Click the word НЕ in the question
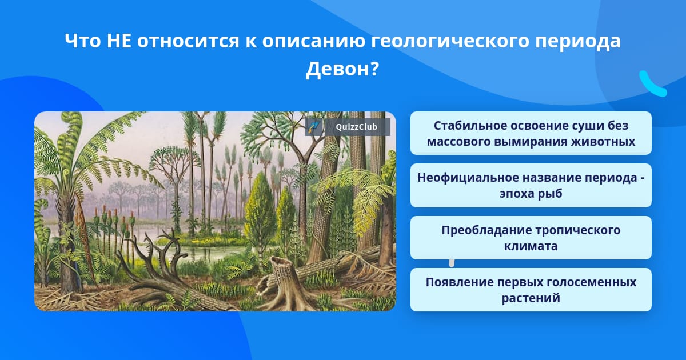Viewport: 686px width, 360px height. (x=119, y=41)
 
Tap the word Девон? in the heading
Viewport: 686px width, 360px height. (x=342, y=69)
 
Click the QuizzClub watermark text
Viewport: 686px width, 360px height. (x=356, y=127)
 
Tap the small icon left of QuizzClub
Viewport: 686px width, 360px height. (x=314, y=127)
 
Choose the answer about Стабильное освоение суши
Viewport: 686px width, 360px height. (x=531, y=133)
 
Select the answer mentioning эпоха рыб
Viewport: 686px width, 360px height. (x=531, y=185)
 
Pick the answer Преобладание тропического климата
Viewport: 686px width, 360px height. (x=531, y=238)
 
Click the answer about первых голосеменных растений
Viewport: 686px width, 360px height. (x=531, y=290)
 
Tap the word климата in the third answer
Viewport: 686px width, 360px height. (x=531, y=246)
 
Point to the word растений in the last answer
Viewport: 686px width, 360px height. (x=531, y=298)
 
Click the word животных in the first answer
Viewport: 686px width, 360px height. (x=603, y=142)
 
